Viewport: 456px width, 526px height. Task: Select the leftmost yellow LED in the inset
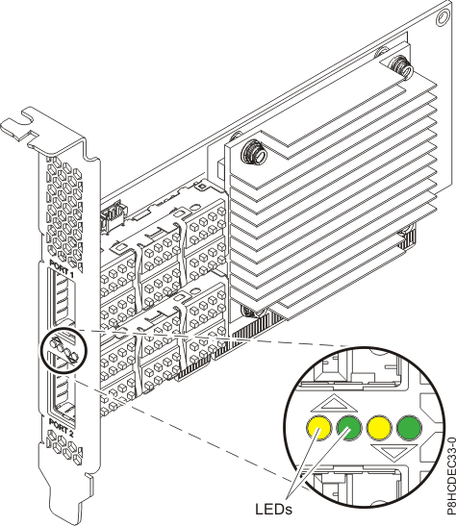(x=317, y=426)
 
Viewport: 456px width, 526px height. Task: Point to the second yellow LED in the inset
(x=379, y=426)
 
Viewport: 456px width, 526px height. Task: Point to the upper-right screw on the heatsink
(x=396, y=65)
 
